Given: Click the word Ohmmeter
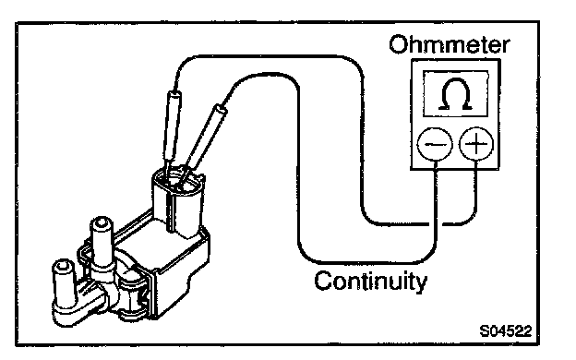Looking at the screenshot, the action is point(450,45).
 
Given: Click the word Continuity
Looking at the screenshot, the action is point(371,282).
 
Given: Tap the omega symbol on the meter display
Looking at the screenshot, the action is point(455,94).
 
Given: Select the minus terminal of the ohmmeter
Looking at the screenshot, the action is point(435,144).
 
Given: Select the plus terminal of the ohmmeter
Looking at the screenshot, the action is point(476,144).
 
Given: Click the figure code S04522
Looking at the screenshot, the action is point(506,331).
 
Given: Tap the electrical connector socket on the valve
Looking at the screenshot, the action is point(178,201).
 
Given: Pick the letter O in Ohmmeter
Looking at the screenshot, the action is point(398,45).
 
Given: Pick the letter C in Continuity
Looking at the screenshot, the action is point(324,281).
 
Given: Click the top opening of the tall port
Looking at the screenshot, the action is point(102,222).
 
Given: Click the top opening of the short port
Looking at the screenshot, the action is point(63,265).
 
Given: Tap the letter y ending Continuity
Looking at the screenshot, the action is point(422,283).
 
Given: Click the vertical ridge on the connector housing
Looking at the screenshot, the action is point(169,211).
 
